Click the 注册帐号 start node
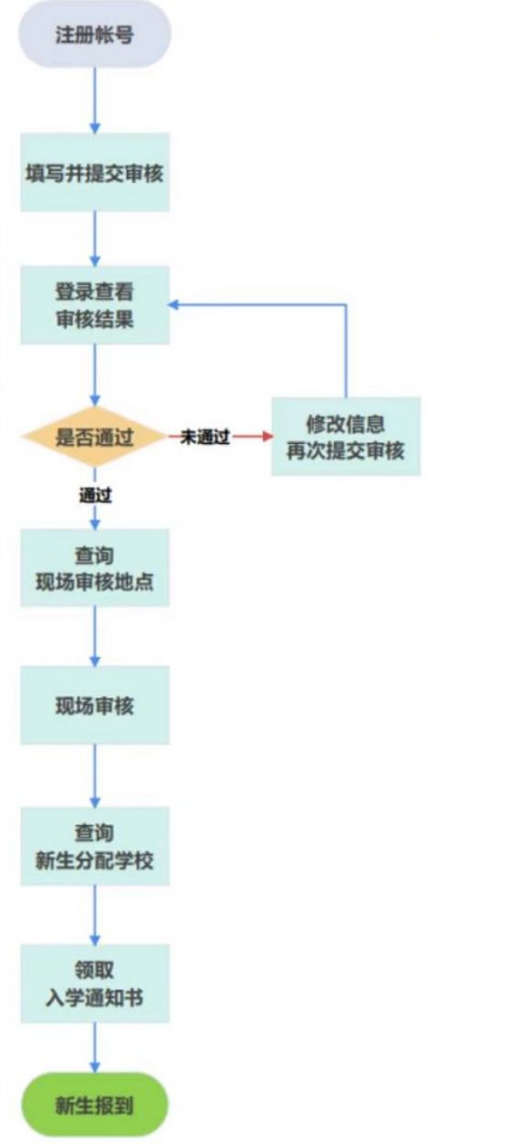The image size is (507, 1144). [x=95, y=35]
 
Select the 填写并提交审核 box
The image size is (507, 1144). [x=95, y=173]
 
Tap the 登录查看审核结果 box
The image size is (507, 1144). [x=95, y=305]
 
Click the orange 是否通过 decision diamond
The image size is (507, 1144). [x=95, y=437]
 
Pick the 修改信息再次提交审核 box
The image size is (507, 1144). [x=346, y=437]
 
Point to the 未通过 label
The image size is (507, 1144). [x=205, y=437]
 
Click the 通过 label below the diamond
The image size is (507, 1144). [x=95, y=495]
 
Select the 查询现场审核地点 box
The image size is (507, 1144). [x=95, y=568]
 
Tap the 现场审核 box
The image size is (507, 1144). [x=95, y=705]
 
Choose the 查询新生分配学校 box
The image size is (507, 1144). [x=95, y=846]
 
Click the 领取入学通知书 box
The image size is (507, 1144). [x=95, y=984]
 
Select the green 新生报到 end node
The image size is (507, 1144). [x=95, y=1105]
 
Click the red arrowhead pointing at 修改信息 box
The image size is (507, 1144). [x=268, y=436]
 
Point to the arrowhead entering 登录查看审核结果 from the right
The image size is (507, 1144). [x=174, y=305]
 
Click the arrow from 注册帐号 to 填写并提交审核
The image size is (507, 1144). [x=95, y=100]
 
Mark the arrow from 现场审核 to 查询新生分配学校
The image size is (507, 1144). [x=95, y=776]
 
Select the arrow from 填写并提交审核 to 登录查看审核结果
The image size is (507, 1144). [x=95, y=239]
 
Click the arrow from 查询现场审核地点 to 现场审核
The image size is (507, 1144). [x=95, y=636]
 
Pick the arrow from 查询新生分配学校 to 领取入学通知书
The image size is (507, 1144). [x=95, y=915]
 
